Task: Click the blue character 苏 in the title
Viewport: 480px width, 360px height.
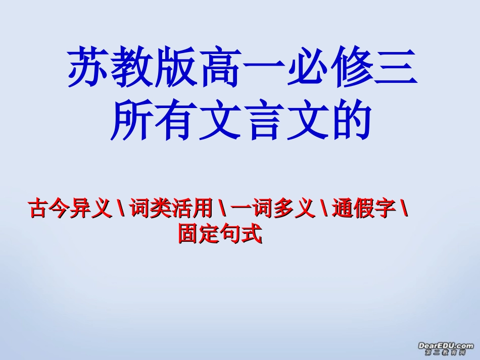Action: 86,67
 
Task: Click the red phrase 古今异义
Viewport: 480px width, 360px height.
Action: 70,209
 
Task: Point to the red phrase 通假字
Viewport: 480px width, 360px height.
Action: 364,209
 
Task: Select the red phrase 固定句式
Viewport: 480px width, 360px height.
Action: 220,234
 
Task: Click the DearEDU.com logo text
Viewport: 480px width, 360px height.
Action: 446,345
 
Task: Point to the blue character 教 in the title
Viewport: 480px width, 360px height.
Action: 129,67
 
